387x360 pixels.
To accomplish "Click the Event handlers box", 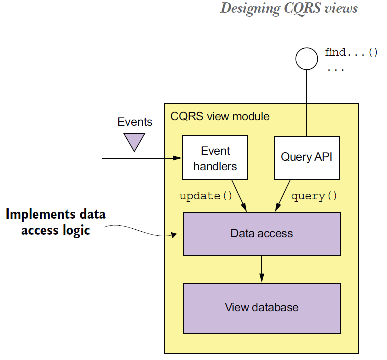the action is (x=215, y=157).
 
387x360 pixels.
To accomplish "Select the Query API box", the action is (x=307, y=158).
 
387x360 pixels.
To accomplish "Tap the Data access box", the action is (x=262, y=234).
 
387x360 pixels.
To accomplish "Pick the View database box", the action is (x=262, y=308).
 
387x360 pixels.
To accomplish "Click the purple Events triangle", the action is (x=134, y=141).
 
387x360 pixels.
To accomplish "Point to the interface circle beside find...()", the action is (x=307, y=59).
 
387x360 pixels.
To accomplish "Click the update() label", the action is (x=206, y=196).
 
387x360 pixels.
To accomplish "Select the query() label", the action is (x=314, y=196).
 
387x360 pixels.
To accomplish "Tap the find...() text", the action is (x=351, y=52).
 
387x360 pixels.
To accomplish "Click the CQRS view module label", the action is (x=220, y=116).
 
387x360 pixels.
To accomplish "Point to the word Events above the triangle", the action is (x=135, y=122).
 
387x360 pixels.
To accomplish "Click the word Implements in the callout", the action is (x=40, y=214).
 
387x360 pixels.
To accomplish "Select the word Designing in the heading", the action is (x=250, y=8).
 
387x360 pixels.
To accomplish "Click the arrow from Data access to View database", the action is (x=262, y=269).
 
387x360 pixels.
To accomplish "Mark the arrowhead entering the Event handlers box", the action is (x=177, y=158).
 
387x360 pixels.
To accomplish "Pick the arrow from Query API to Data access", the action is (x=283, y=196).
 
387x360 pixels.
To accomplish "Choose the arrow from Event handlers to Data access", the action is (x=239, y=196).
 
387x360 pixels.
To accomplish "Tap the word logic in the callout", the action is (x=76, y=230).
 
